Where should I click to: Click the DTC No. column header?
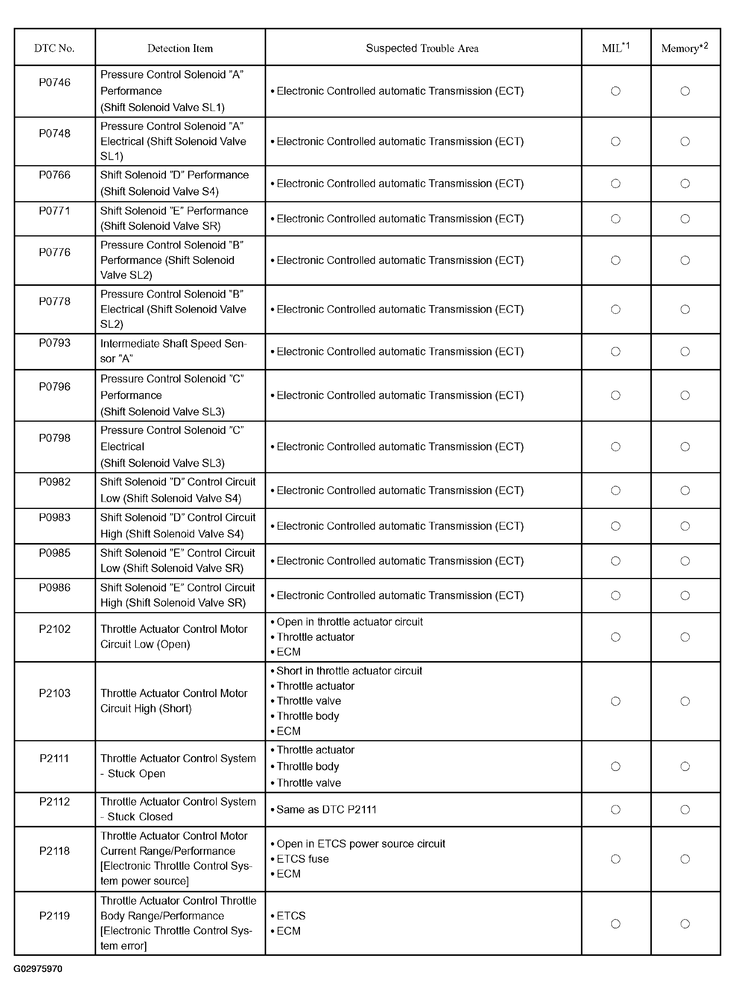point(54,48)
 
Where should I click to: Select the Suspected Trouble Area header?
point(422,48)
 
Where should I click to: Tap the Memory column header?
point(684,48)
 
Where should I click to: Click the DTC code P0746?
point(55,82)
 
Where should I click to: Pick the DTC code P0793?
point(55,343)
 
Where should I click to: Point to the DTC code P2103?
point(55,693)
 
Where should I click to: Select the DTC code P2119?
point(55,915)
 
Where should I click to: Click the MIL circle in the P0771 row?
point(616,219)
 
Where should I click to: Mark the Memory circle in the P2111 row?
point(685,766)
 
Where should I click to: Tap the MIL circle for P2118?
point(616,859)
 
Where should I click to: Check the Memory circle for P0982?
point(685,491)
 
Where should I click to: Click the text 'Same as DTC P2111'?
point(326,810)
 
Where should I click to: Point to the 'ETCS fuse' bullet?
point(303,859)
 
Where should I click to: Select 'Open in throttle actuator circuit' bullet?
point(349,622)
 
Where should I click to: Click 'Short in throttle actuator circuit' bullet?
point(349,671)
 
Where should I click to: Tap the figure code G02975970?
point(38,969)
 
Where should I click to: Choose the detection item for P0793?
point(173,351)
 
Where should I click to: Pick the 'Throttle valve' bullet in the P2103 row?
point(309,701)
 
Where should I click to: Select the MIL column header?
point(616,48)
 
